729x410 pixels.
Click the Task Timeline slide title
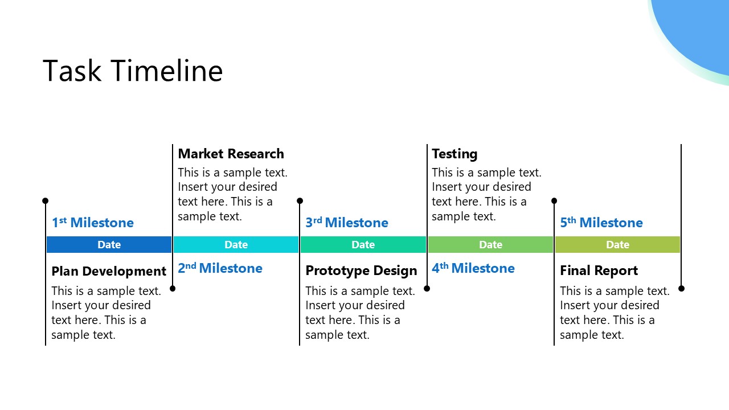click(x=132, y=71)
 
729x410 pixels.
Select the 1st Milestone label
click(x=93, y=223)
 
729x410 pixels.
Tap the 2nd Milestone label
click(x=220, y=268)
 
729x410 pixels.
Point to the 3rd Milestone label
click(x=347, y=223)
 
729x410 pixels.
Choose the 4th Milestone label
click(x=473, y=268)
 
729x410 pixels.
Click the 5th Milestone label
click(x=601, y=223)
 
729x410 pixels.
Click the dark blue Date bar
click(x=109, y=245)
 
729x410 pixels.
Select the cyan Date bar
click(x=236, y=245)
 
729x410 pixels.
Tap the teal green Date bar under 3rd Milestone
click(x=363, y=245)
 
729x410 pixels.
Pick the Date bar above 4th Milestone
click(x=490, y=245)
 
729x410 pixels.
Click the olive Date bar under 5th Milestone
click(x=617, y=245)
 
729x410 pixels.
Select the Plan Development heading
click(x=109, y=271)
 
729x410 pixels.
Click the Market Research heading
click(x=231, y=154)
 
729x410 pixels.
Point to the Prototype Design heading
click(x=361, y=271)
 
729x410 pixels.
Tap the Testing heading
click(x=454, y=154)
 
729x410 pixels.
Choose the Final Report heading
click(x=599, y=271)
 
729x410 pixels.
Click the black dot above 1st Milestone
click(x=46, y=201)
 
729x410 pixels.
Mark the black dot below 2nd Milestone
click(x=173, y=289)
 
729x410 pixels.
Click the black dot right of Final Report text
click(x=681, y=289)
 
